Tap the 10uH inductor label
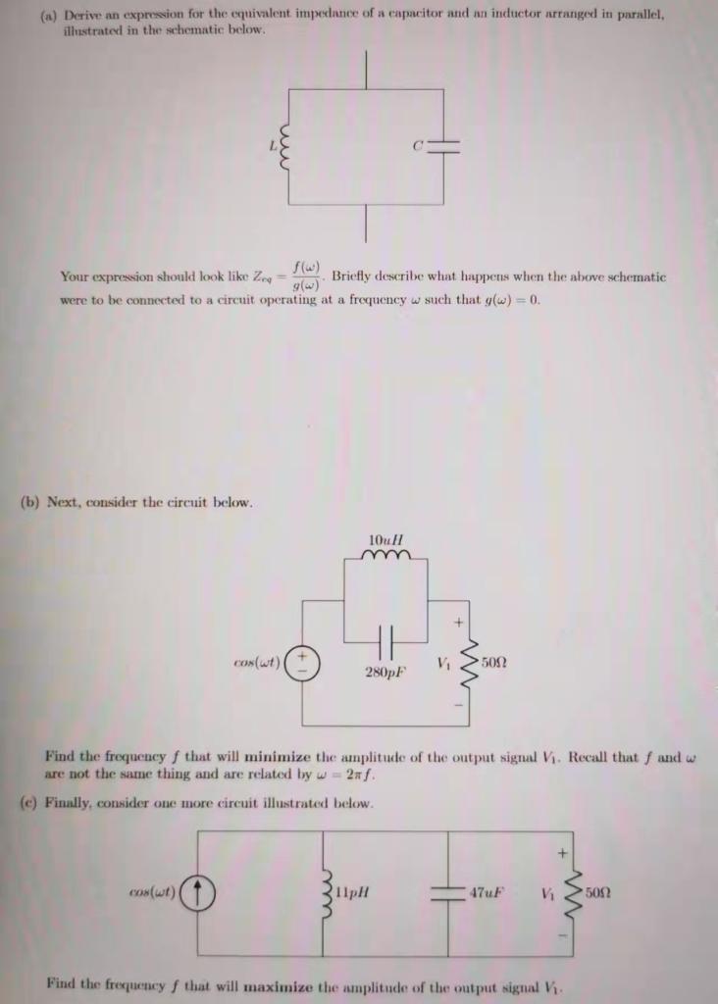click(x=385, y=540)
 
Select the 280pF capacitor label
click(x=385, y=675)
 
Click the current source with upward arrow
click(x=199, y=893)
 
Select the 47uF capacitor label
click(x=487, y=893)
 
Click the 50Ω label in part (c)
click(x=599, y=893)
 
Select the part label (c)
click(x=29, y=803)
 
